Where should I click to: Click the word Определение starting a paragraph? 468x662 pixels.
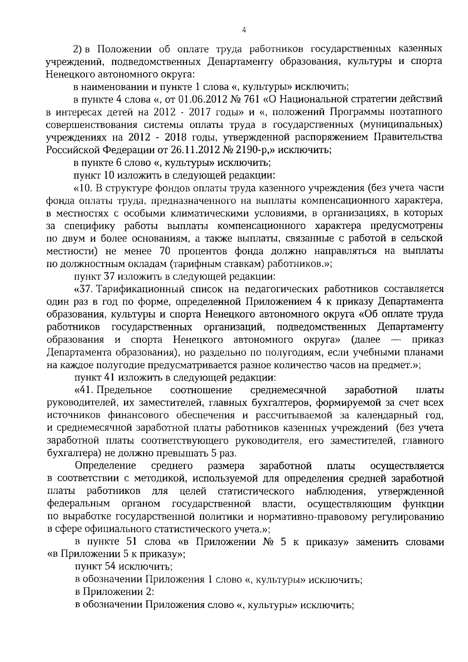coord(106,466)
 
